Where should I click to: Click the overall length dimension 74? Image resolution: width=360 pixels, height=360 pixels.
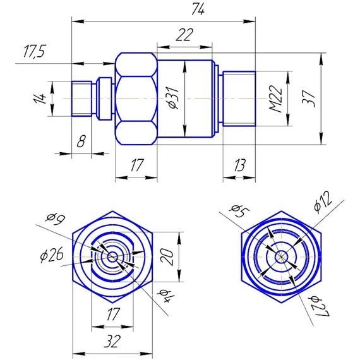click(198, 9)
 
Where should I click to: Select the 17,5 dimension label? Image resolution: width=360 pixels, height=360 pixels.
click(35, 51)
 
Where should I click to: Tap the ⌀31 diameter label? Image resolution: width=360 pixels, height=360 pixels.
click(173, 97)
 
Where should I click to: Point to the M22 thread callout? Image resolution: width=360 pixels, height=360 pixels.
click(276, 99)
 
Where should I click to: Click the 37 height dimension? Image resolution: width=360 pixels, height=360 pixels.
click(309, 99)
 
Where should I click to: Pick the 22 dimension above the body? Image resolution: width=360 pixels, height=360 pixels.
click(184, 35)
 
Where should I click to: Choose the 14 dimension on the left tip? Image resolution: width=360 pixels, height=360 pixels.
click(40, 99)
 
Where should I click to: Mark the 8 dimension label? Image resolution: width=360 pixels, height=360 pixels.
click(81, 141)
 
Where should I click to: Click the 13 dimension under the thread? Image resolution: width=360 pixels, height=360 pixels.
click(239, 165)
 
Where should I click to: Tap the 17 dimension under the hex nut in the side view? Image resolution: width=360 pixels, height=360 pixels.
click(137, 165)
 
